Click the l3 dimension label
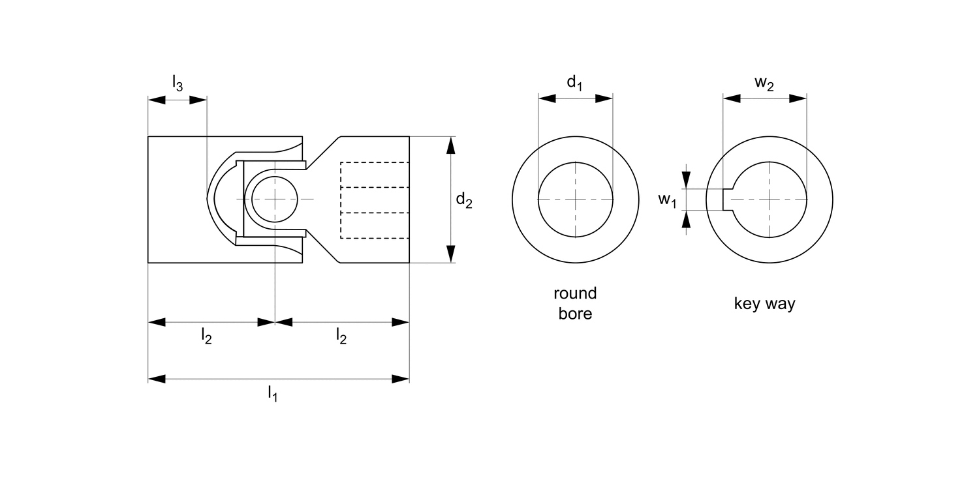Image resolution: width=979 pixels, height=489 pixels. [x=178, y=83]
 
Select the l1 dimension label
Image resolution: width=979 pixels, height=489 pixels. [x=272, y=393]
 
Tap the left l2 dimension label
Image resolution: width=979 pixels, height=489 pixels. [x=206, y=336]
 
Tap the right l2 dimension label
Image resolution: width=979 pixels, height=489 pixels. [x=341, y=336]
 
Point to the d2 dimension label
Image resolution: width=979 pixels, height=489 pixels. [x=464, y=201]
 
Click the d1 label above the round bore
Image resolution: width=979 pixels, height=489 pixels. [x=574, y=83]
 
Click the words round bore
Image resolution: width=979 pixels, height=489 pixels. [x=575, y=303]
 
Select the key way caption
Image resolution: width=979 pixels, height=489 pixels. [x=765, y=304]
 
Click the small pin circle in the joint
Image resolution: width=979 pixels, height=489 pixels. [x=275, y=198]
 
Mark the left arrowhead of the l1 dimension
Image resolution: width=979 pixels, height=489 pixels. [x=157, y=378]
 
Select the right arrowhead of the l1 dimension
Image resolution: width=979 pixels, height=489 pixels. [x=401, y=378]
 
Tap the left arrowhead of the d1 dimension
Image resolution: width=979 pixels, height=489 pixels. [x=546, y=98]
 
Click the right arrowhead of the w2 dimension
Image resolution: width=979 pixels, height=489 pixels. [x=798, y=98]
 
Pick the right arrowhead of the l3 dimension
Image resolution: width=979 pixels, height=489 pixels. [x=198, y=100]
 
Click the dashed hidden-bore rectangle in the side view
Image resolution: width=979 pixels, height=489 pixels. [x=375, y=200]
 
